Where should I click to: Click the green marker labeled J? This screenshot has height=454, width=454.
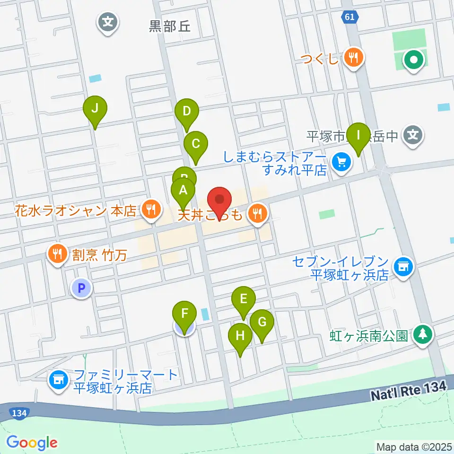tap(95, 109)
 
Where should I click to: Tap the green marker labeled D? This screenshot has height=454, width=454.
tap(187, 112)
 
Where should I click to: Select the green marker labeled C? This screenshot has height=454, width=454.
tap(195, 143)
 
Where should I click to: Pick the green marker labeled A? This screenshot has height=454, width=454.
tap(183, 191)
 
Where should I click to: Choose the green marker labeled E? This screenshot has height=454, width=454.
tap(244, 299)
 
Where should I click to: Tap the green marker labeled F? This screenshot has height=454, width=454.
tap(184, 314)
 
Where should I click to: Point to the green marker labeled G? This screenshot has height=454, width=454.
tap(262, 323)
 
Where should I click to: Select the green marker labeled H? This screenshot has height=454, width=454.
tap(240, 336)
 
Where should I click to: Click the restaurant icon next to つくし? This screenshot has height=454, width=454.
tap(353, 59)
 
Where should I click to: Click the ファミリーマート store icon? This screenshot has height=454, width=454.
tap(59, 381)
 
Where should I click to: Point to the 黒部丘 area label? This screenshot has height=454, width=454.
tap(170, 26)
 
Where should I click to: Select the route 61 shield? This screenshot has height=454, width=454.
tap(349, 17)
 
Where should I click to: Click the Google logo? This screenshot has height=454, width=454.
tap(32, 443)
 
